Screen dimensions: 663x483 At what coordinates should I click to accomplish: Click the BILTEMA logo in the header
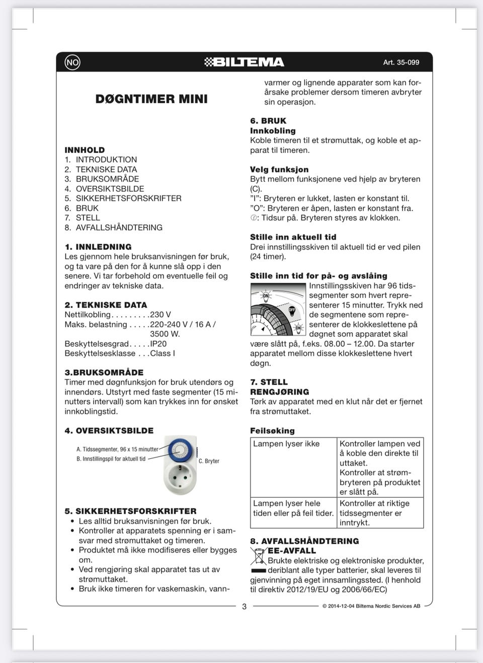tap(245, 62)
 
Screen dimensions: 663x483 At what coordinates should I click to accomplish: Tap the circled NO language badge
tap(72, 62)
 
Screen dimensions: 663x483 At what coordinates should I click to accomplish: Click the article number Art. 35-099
tap(401, 62)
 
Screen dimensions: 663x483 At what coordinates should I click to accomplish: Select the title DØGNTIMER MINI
tap(151, 99)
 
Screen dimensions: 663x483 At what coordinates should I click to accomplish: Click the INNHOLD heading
tap(85, 150)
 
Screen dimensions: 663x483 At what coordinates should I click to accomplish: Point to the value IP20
tap(158, 344)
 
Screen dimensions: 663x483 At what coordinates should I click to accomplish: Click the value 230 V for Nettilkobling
tap(160, 315)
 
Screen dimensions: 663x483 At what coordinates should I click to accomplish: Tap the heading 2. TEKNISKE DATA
tap(106, 305)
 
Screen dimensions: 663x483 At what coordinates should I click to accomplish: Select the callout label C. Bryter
tap(209, 461)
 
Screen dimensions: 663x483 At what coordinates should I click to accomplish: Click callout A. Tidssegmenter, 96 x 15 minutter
tap(117, 449)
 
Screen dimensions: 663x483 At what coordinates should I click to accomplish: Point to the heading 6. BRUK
tap(268, 121)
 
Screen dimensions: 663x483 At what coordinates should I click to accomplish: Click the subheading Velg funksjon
tap(279, 170)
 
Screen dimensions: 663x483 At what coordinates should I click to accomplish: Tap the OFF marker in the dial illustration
tap(292, 310)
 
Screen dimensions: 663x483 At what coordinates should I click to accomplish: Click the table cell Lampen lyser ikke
tap(286, 444)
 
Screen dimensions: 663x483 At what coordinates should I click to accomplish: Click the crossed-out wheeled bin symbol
tap(258, 556)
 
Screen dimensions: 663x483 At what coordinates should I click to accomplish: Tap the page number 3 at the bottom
tap(245, 607)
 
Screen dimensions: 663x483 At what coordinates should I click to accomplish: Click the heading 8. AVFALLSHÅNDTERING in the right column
tap(304, 541)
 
